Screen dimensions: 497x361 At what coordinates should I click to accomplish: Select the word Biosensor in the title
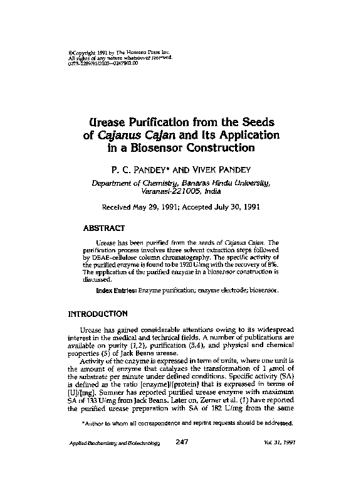(182, 149)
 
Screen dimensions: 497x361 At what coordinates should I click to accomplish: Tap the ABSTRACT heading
(106, 228)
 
